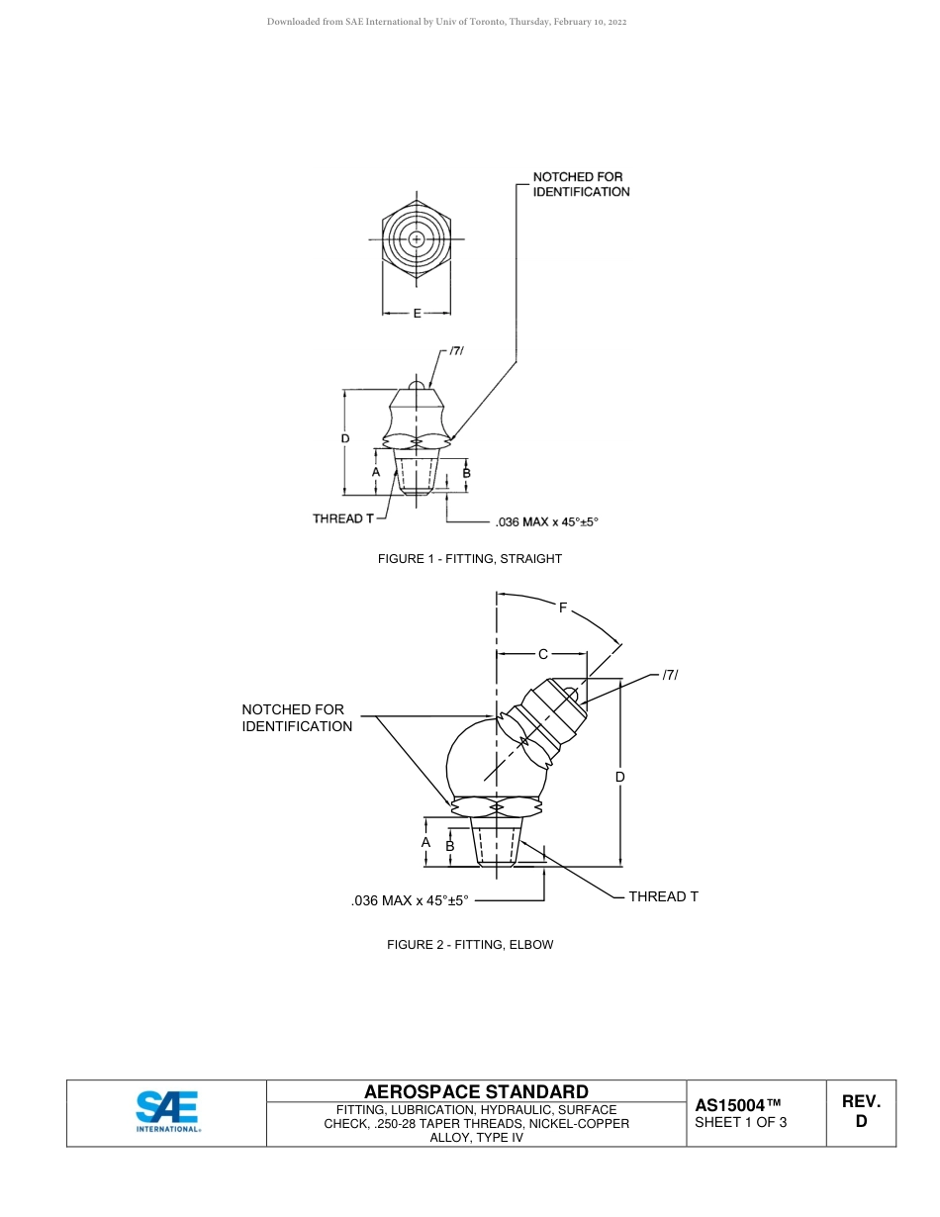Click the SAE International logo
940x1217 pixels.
(x=167, y=1111)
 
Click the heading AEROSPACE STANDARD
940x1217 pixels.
(x=476, y=1092)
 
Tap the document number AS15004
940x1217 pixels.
(x=738, y=1105)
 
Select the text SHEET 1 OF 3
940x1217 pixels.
(x=741, y=1122)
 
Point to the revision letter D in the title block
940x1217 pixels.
(x=861, y=1122)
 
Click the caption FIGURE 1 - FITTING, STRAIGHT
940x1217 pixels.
(x=469, y=559)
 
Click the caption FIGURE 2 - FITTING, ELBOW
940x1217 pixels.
(x=470, y=945)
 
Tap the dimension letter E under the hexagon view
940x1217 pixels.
(x=417, y=314)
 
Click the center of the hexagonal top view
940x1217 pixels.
(x=417, y=239)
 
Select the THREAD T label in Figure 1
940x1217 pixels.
(x=343, y=518)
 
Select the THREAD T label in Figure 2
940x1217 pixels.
(x=663, y=896)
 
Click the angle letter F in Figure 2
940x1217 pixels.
(x=563, y=608)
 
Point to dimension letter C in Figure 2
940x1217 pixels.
(x=542, y=654)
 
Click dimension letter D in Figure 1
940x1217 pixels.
(x=344, y=438)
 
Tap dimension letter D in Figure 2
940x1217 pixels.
(x=620, y=777)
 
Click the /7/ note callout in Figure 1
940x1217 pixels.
(x=456, y=351)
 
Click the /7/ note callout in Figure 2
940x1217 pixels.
(x=670, y=675)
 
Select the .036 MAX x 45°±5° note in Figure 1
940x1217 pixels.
(x=546, y=521)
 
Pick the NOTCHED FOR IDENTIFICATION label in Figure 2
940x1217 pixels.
(x=297, y=718)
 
